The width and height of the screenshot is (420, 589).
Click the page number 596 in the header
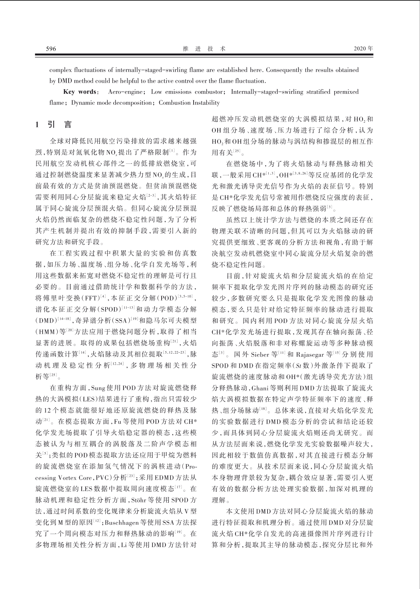click(51, 49)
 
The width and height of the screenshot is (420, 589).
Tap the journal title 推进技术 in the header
click(204, 49)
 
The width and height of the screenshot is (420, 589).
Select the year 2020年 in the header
click(363, 49)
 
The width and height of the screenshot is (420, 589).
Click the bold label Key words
click(80, 92)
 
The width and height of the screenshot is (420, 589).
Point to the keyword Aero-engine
click(125, 92)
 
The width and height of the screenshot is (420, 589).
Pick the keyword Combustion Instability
click(189, 102)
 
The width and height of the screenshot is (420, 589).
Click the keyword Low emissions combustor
click(186, 92)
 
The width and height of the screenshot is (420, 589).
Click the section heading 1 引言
click(53, 125)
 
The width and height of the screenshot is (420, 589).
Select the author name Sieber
click(259, 354)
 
